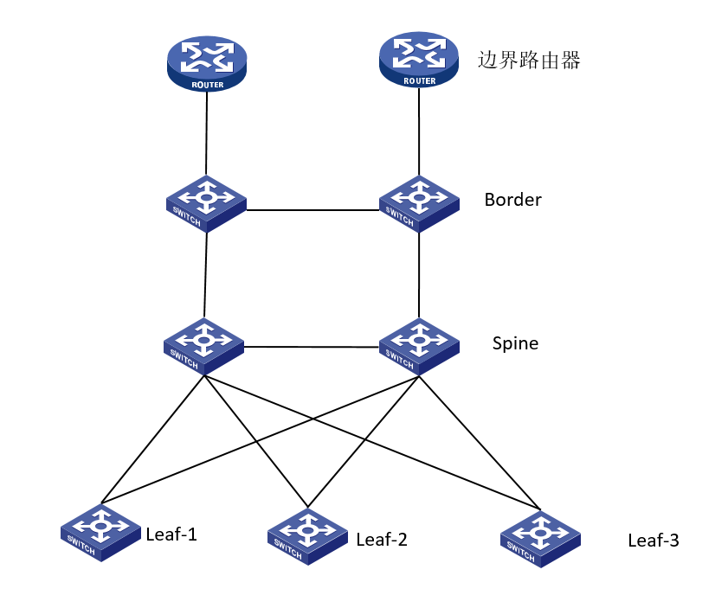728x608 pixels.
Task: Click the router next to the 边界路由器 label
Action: pos(420,58)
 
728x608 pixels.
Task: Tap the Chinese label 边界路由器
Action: pos(528,61)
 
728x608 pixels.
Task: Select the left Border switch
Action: pos(206,203)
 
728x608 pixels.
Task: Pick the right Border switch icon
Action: pos(419,203)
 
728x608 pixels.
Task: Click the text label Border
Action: pos(512,200)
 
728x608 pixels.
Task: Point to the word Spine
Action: pos(515,343)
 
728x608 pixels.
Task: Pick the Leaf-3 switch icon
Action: pos(541,537)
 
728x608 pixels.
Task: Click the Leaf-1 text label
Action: pos(171,534)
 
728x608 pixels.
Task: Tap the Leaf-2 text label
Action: pos(382,541)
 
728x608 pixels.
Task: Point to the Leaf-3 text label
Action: pos(654,541)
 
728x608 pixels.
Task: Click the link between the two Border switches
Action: pos(312,209)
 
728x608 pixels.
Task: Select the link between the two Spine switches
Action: pos(312,348)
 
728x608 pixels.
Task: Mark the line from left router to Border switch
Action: pos(206,130)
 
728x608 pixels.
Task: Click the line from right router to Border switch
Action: pos(420,130)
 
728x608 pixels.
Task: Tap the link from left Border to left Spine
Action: pos(205,275)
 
